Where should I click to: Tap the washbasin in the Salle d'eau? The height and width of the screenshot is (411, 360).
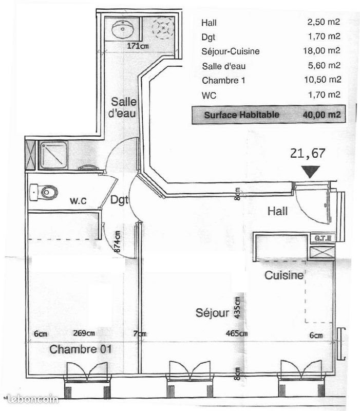click(122, 30)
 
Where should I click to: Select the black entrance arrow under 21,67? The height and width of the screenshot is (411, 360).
click(311, 172)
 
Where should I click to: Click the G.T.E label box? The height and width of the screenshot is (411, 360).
click(324, 238)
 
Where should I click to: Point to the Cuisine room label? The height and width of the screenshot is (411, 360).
click(284, 275)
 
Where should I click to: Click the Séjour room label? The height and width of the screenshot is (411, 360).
click(212, 312)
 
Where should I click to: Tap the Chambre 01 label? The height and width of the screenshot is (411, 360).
click(81, 350)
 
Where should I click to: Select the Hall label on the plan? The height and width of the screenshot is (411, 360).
click(277, 211)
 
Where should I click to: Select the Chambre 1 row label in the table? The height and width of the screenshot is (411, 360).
click(220, 80)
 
